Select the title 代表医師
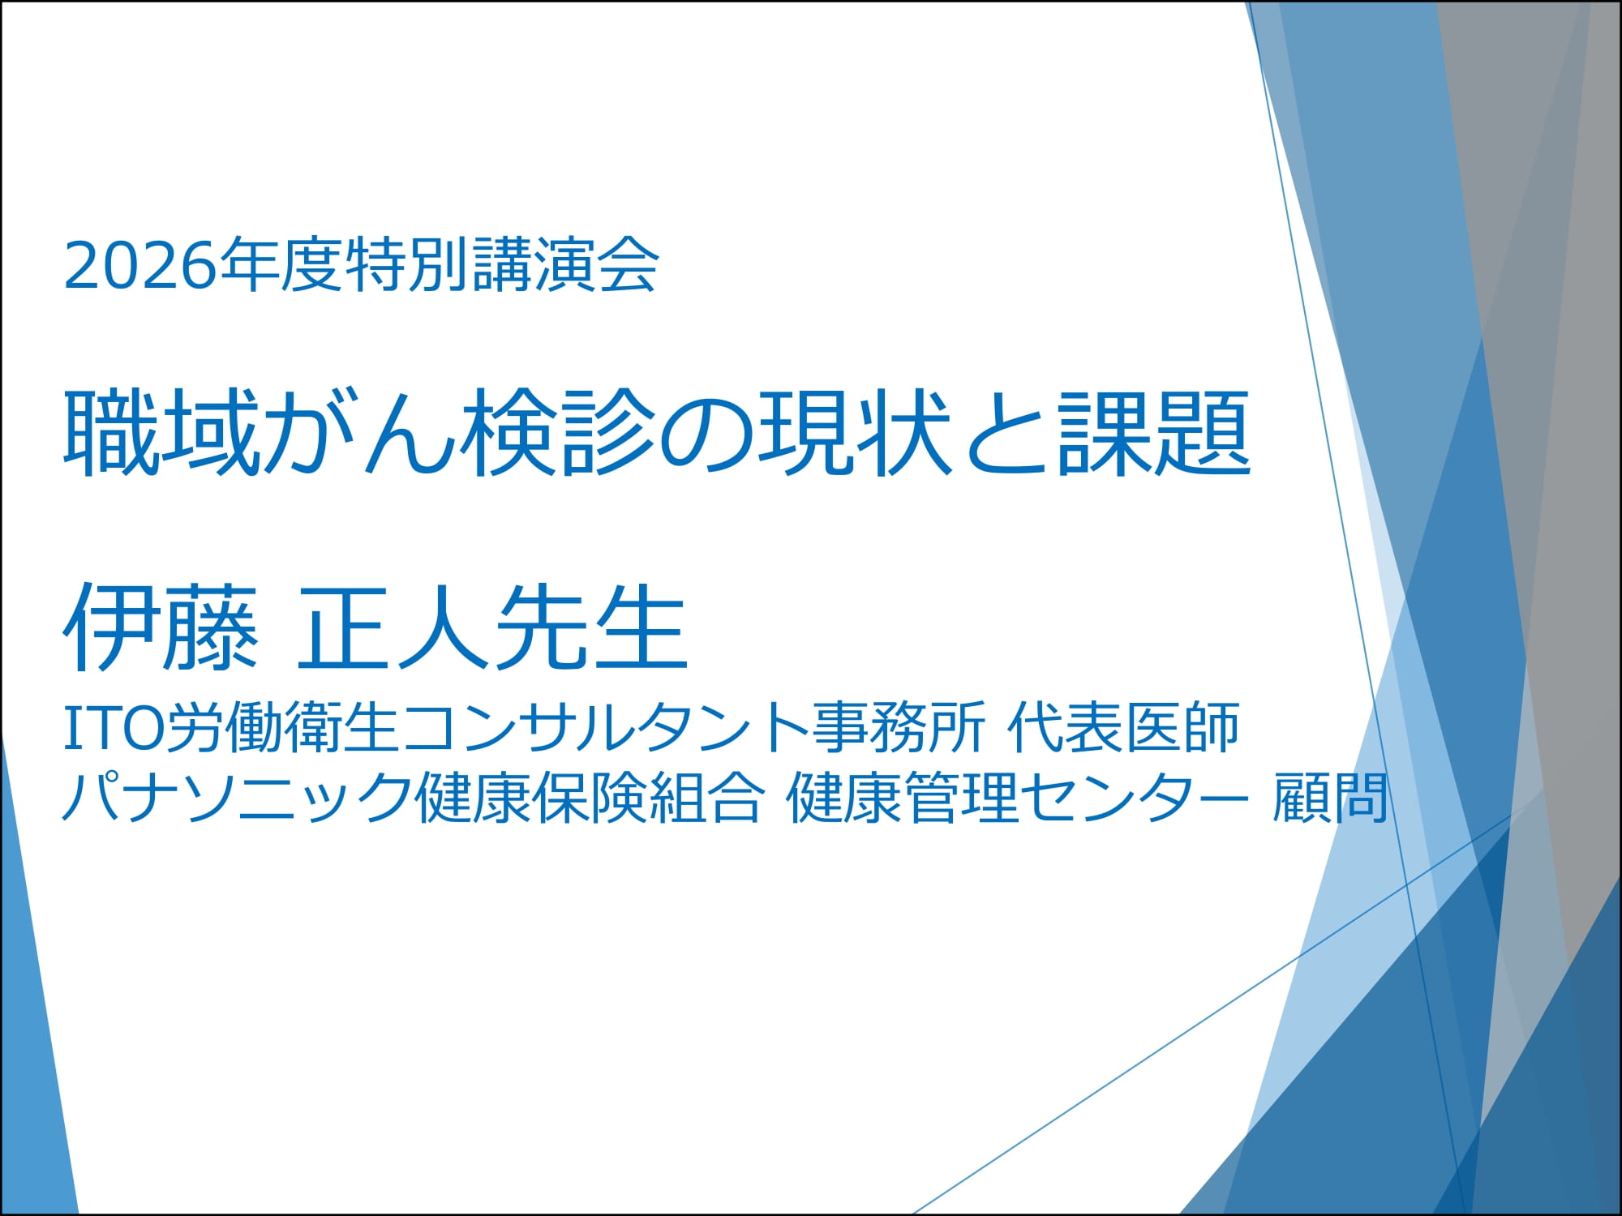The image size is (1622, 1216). click(1123, 726)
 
